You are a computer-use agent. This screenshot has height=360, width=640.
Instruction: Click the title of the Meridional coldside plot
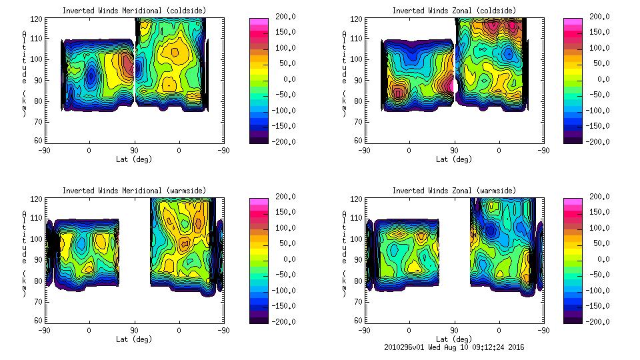[134, 10]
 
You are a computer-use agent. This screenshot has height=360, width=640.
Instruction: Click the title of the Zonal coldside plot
[453, 10]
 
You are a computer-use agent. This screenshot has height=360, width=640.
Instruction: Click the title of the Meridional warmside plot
[134, 190]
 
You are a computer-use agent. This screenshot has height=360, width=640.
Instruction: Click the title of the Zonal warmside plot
[453, 190]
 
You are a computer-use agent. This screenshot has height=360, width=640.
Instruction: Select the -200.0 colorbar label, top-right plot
[597, 141]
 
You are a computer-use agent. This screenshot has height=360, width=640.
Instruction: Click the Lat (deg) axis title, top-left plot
[134, 159]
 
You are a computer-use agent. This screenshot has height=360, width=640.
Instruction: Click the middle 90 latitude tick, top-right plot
[453, 151]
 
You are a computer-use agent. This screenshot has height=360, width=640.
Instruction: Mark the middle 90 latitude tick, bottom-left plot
[134, 330]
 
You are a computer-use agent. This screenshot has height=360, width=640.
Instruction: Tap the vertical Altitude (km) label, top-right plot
[344, 73]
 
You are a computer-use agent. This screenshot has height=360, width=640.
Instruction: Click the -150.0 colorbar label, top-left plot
[283, 125]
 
